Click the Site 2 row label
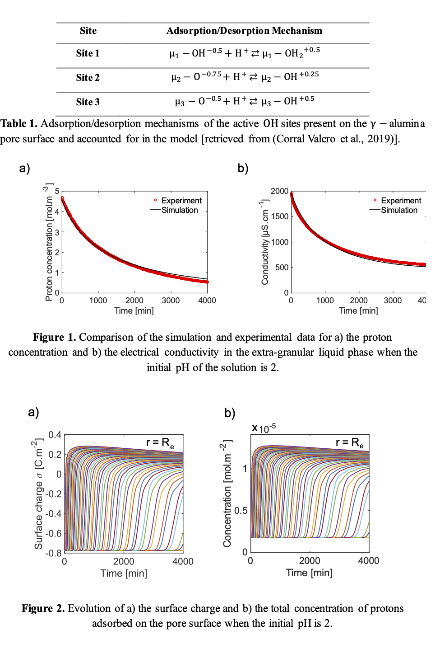click(x=88, y=77)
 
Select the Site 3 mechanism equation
click(x=245, y=101)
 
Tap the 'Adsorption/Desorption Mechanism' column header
click(x=244, y=31)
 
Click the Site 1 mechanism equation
click(x=245, y=53)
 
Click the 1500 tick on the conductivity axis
click(x=279, y=216)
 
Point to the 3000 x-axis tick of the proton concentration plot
click(x=171, y=301)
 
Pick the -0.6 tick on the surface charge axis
click(x=54, y=533)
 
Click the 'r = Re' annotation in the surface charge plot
click(x=160, y=442)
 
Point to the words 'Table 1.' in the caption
click(x=19, y=123)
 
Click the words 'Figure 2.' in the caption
click(x=43, y=608)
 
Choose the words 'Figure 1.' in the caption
click(x=55, y=337)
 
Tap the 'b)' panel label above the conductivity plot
click(x=243, y=168)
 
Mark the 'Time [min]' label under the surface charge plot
click(x=124, y=573)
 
